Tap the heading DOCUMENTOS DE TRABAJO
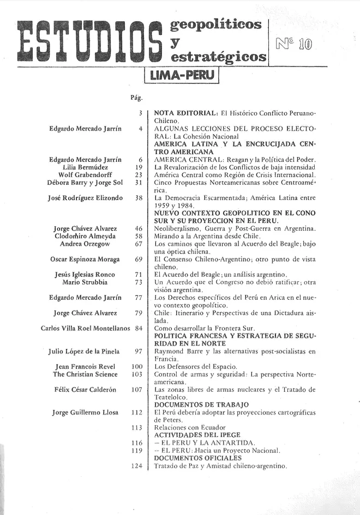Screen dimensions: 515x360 click(x=202, y=404)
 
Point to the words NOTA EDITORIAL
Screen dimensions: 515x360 click(x=186, y=113)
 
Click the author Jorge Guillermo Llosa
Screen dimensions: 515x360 click(x=85, y=413)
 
